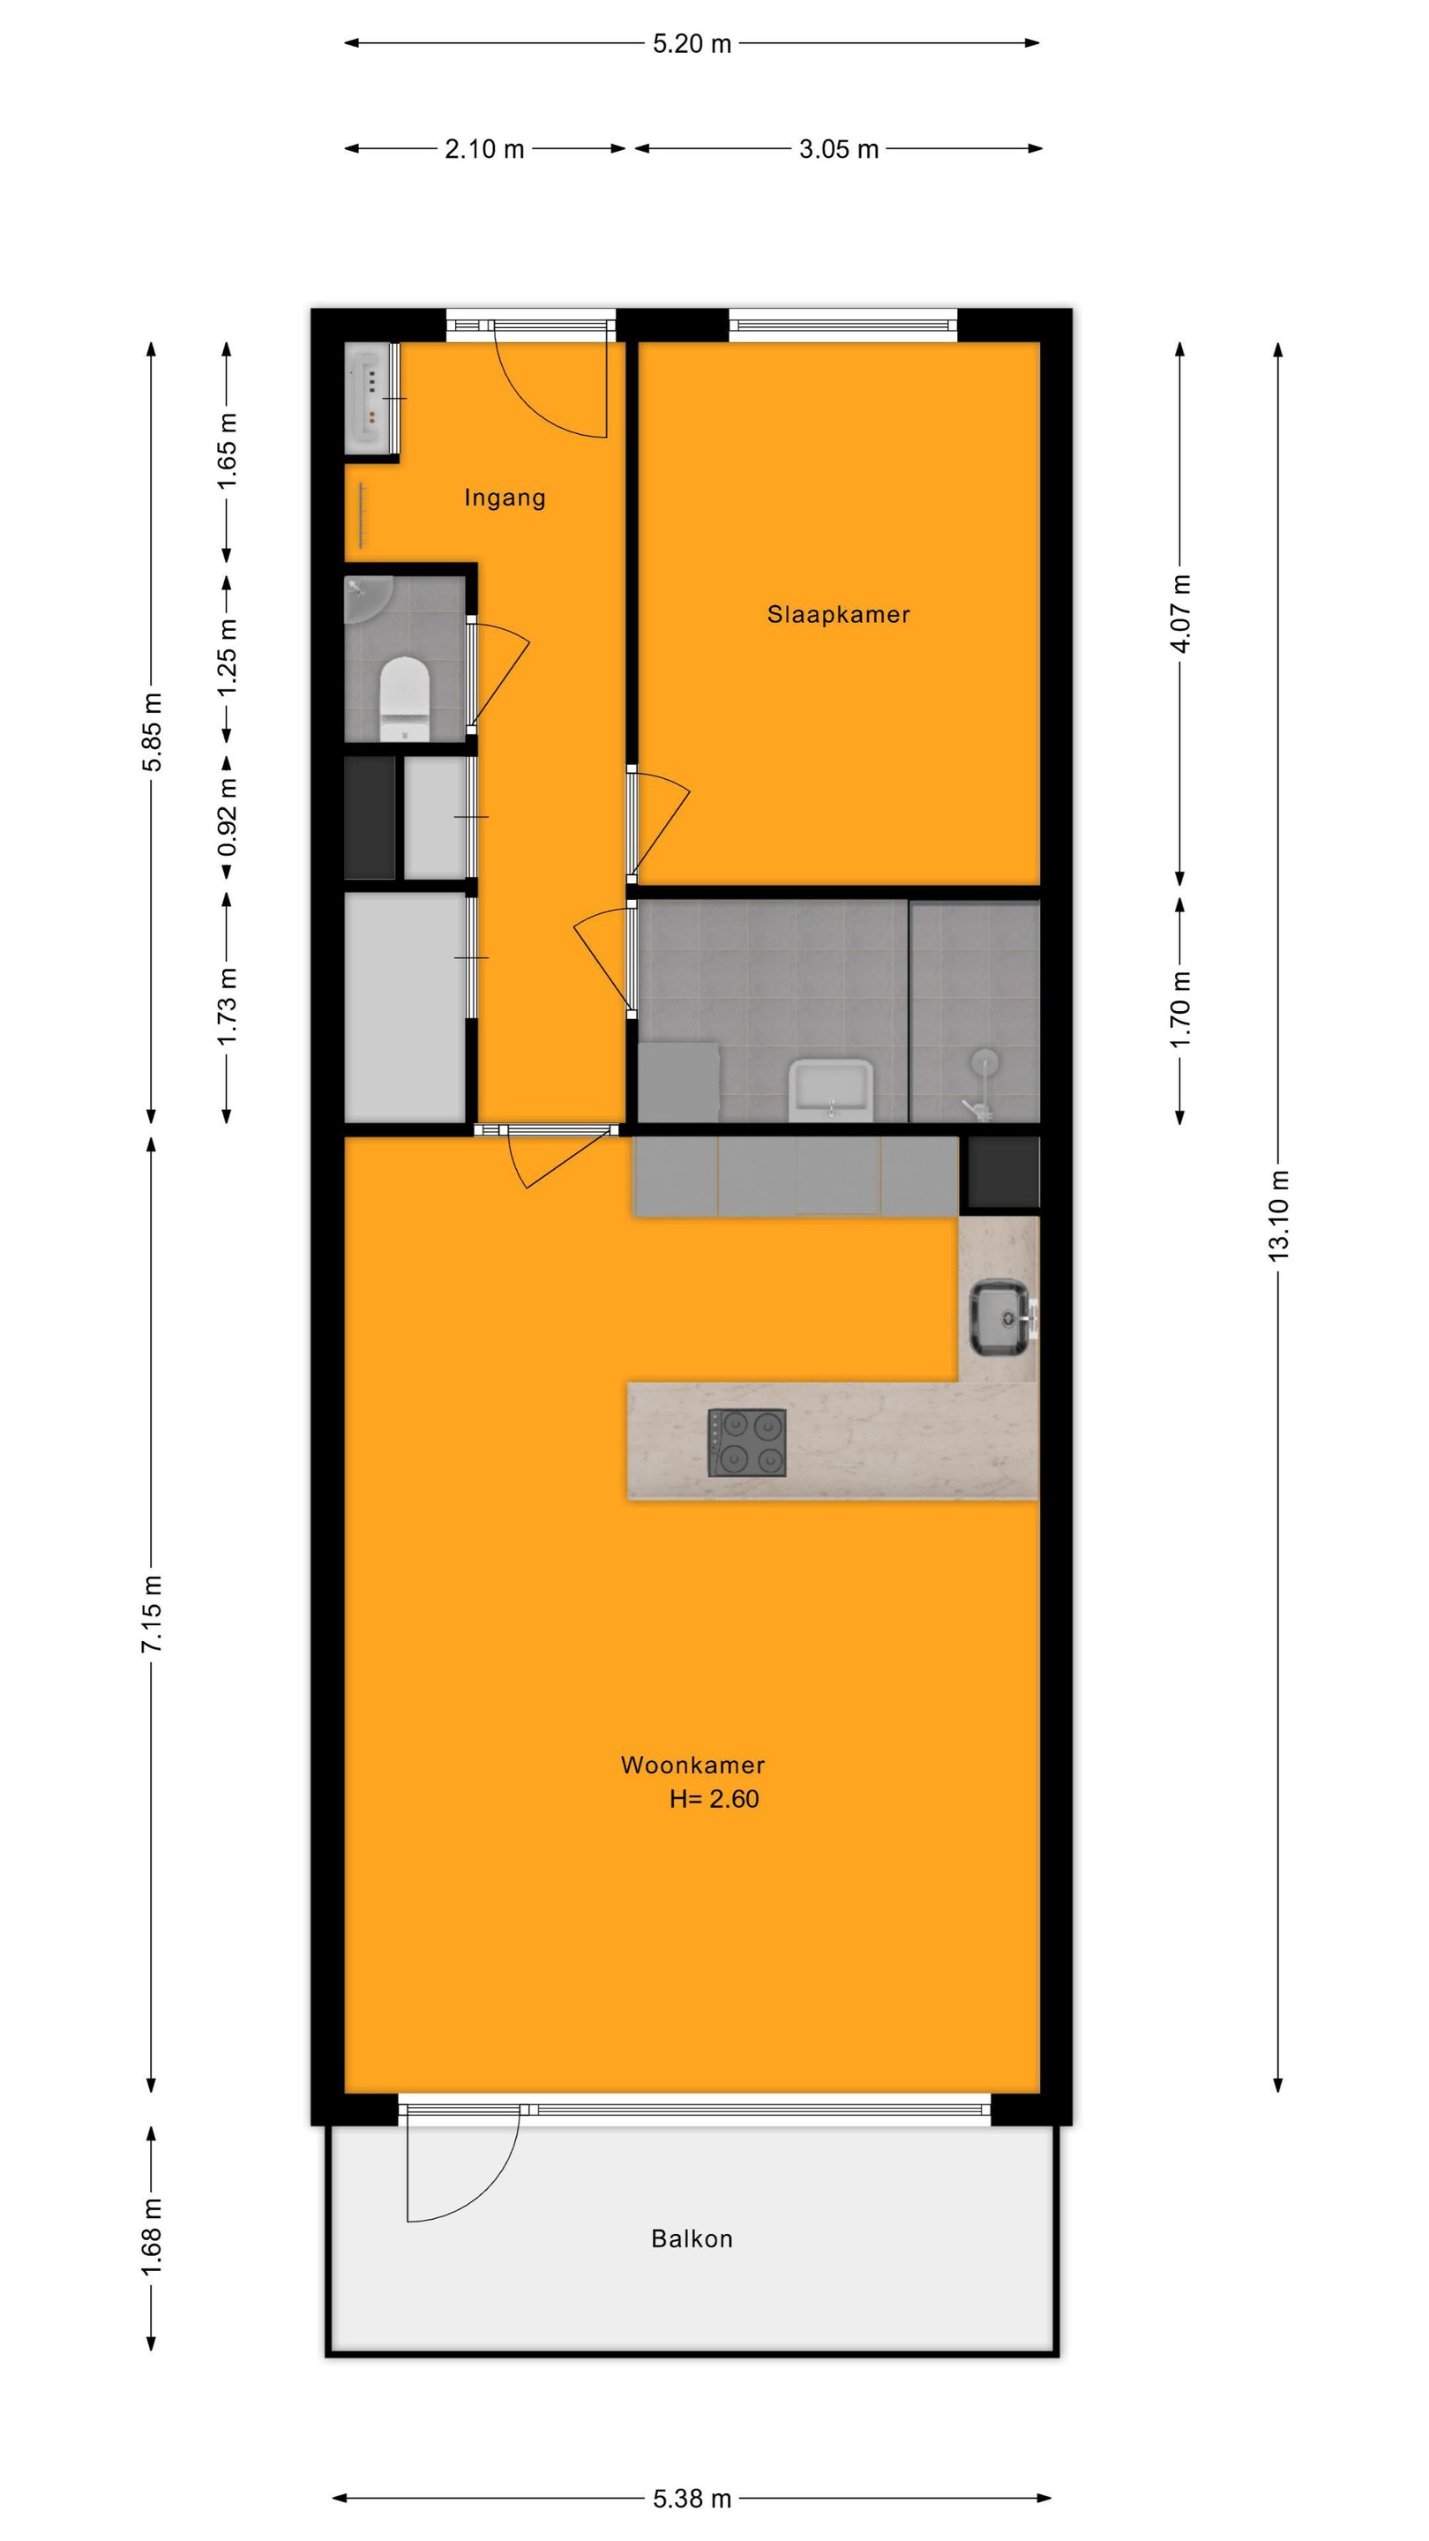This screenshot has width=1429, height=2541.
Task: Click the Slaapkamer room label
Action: [x=838, y=615]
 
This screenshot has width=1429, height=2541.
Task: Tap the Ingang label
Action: [x=505, y=498]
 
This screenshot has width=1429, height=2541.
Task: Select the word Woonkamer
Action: [x=692, y=1765]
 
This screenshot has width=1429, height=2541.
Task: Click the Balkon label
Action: [x=692, y=2238]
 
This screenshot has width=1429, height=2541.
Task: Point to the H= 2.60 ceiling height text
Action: [x=714, y=1798]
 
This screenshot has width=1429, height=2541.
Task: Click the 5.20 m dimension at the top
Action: [x=692, y=43]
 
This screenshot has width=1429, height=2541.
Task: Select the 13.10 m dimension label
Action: [x=1278, y=1215]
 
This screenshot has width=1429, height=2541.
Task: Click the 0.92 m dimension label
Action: [x=227, y=818]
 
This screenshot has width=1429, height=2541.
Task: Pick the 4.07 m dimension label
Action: [x=1180, y=613]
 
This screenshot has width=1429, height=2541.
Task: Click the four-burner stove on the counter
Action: [x=746, y=1443]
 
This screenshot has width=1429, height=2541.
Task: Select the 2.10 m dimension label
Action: [x=484, y=149]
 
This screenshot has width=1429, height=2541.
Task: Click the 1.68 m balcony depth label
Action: [x=151, y=2238]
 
